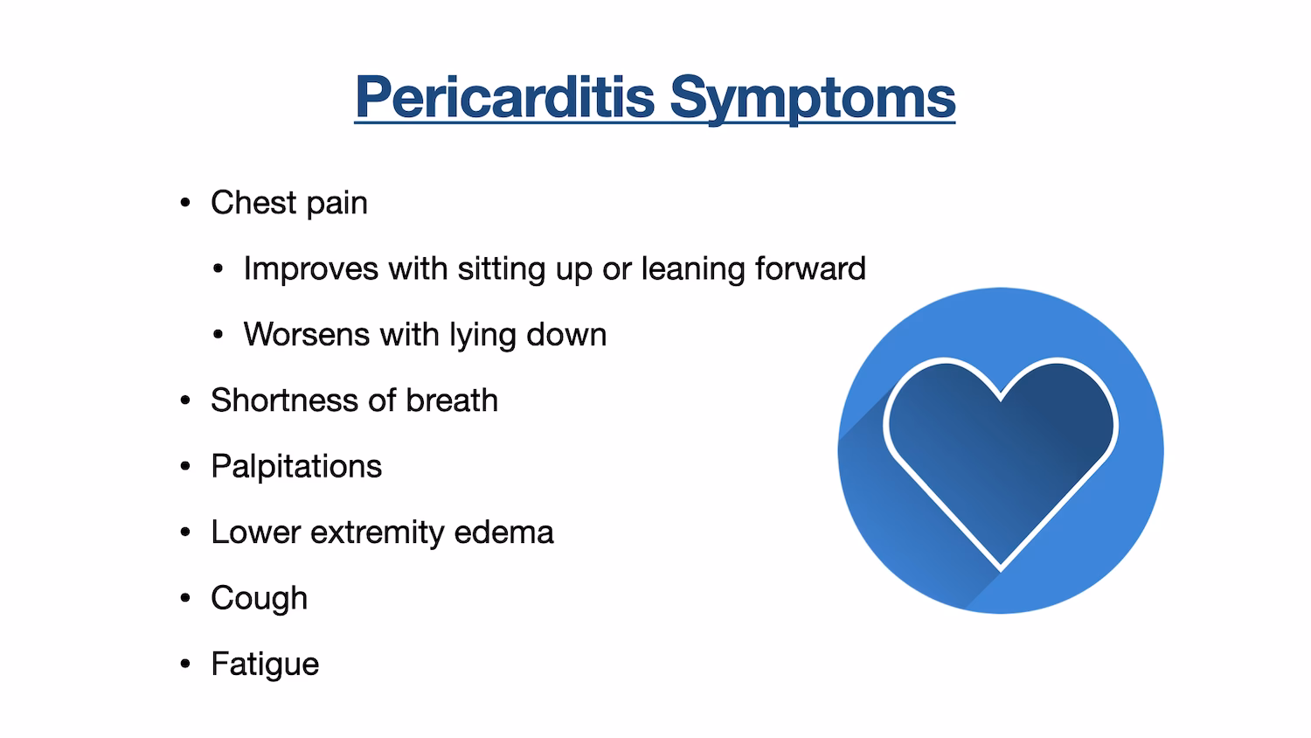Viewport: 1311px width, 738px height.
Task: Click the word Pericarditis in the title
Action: click(504, 97)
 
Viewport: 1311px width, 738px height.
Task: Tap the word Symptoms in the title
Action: click(812, 97)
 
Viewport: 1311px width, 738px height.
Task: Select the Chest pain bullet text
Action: click(288, 203)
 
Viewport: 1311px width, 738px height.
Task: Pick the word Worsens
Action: click(306, 335)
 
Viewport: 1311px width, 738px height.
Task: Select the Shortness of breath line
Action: click(354, 400)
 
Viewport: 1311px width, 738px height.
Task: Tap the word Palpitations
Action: click(296, 467)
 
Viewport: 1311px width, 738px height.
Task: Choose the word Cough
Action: click(259, 598)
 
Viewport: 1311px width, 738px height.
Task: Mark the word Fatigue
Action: click(265, 665)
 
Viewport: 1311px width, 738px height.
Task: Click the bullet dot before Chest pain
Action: click(184, 204)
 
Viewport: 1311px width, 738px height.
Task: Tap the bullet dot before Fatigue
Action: click(184, 665)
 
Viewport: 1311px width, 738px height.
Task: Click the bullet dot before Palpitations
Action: click(184, 467)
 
